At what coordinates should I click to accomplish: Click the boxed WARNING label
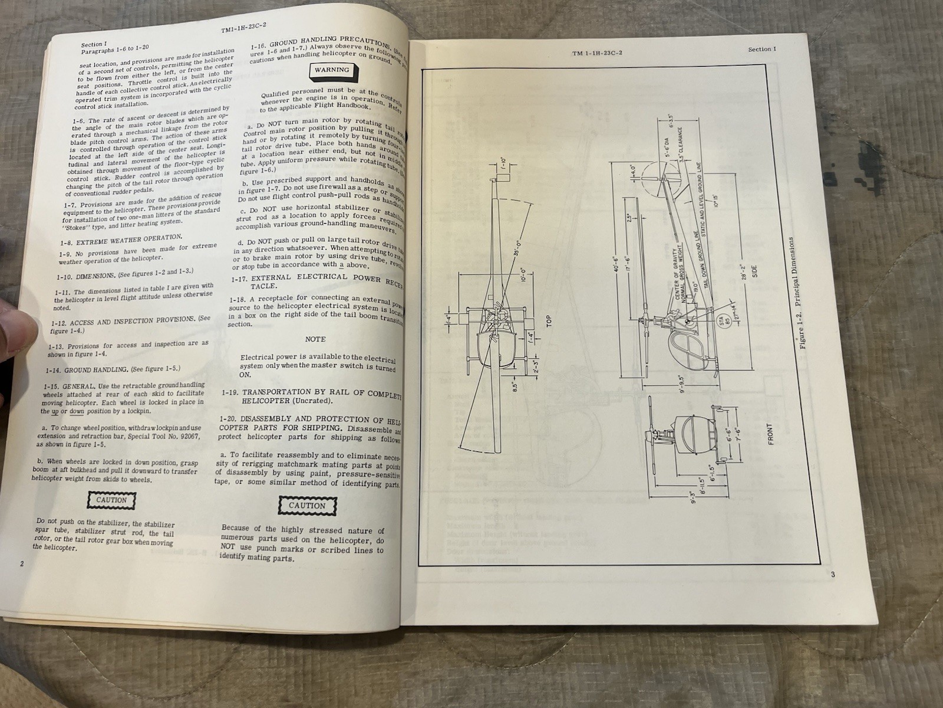331,70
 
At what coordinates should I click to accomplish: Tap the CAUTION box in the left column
111,500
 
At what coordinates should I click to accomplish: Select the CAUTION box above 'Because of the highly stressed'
306,506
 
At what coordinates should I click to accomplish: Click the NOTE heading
315,339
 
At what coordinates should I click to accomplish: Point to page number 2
22,563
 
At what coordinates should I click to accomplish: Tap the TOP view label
548,322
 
